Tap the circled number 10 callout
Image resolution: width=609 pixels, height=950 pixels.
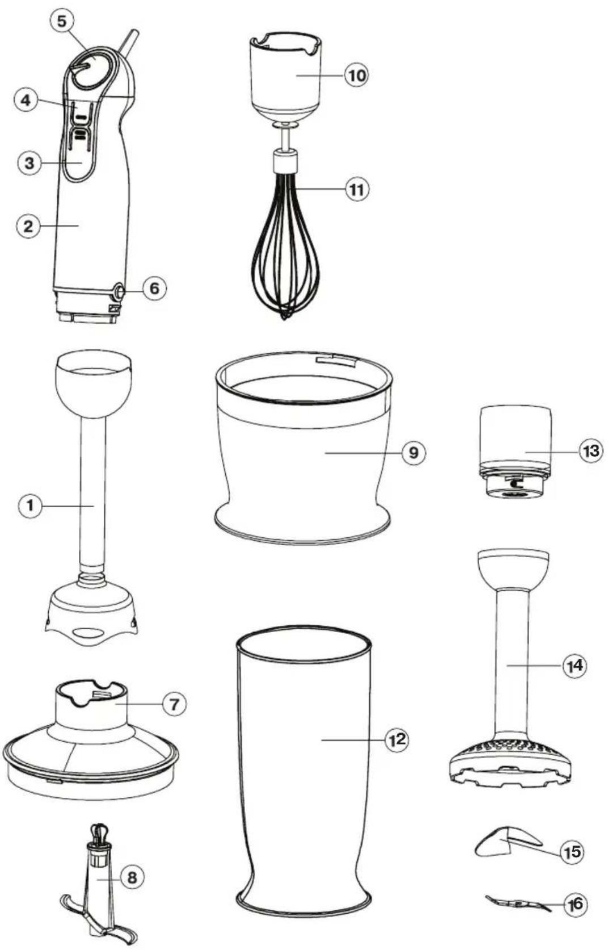tap(356, 76)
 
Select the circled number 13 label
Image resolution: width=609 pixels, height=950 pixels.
tap(591, 451)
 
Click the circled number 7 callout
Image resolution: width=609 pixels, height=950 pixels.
tap(175, 705)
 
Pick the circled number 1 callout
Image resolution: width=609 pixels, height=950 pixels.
tap(30, 505)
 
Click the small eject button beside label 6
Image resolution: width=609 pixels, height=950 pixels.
tap(117, 291)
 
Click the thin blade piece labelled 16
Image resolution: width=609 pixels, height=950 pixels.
tap(518, 904)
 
